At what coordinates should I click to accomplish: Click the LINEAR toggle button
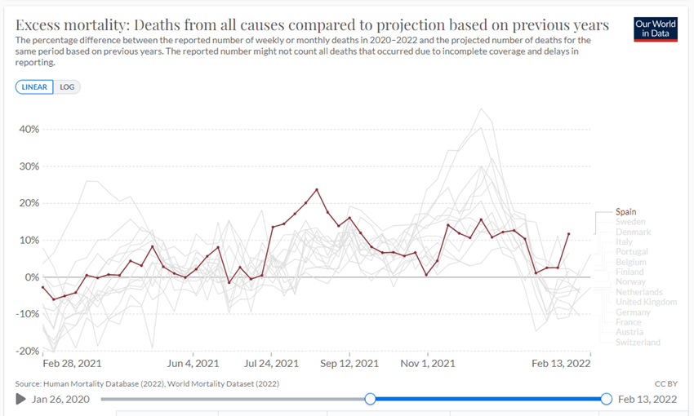(x=34, y=87)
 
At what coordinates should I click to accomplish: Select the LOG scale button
(x=67, y=87)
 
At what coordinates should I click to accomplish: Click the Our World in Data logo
(x=655, y=29)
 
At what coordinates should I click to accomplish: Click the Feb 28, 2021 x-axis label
(x=73, y=363)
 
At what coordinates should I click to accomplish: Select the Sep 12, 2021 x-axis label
(x=349, y=363)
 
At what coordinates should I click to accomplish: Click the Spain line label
(x=627, y=212)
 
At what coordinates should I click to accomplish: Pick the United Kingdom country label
(x=646, y=303)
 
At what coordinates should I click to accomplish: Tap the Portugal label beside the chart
(x=633, y=252)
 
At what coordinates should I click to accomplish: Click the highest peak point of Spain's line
(x=317, y=190)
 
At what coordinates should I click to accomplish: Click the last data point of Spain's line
(x=568, y=234)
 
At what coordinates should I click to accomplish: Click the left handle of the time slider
(x=371, y=399)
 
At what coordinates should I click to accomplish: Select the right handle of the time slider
(x=606, y=399)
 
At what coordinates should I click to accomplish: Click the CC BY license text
(x=666, y=383)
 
